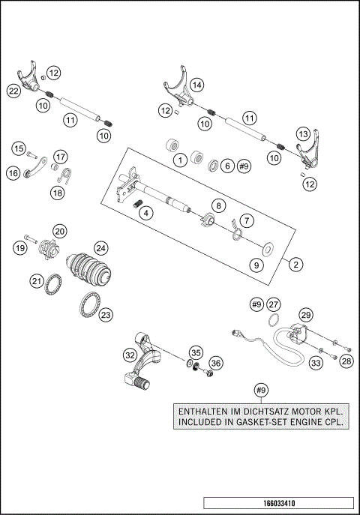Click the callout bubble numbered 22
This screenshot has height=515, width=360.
13,91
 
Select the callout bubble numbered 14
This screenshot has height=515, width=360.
196,85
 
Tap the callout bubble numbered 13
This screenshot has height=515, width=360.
303,133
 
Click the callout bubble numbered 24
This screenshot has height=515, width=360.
100,247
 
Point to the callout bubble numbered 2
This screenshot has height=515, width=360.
297,264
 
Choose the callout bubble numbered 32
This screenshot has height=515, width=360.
130,355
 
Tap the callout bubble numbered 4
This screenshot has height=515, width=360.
146,213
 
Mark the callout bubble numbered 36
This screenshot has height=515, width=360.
216,363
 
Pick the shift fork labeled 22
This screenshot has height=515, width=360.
28,79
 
